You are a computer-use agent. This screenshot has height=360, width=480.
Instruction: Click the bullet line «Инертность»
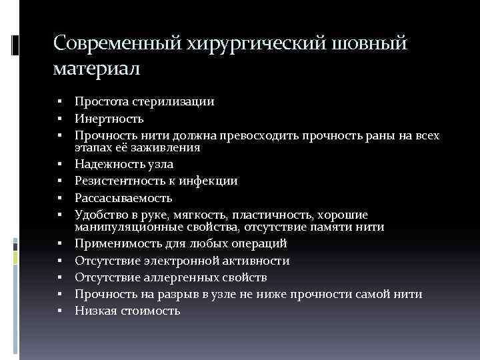109,119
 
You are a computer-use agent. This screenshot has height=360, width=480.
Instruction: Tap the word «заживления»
171,148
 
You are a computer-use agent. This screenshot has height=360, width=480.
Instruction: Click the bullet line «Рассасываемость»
123,198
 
